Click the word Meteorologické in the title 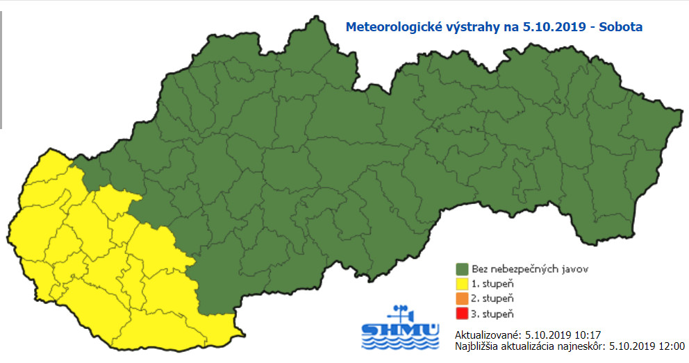[x=386, y=28]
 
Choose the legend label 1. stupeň [x=492, y=283]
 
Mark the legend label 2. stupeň [x=492, y=298]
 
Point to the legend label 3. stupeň [x=492, y=314]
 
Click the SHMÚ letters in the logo [x=400, y=329]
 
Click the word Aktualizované [x=484, y=334]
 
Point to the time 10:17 [x=567, y=334]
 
